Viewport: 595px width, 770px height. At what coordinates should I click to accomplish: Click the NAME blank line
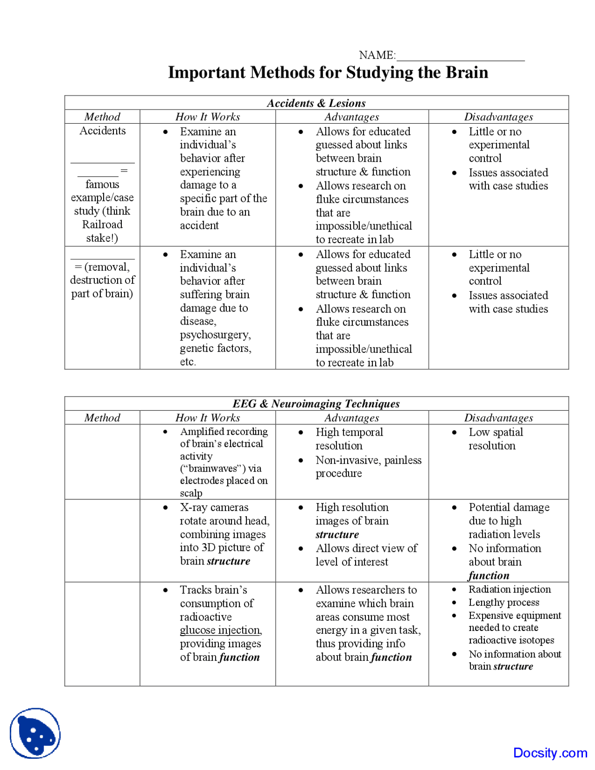(460, 60)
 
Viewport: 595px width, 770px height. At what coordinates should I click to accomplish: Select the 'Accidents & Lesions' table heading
(316, 103)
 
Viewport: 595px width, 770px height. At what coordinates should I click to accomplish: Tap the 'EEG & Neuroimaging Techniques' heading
(316, 404)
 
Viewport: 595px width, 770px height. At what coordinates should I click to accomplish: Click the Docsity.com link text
(550, 753)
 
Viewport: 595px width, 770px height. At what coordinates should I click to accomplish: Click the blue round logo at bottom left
(35, 733)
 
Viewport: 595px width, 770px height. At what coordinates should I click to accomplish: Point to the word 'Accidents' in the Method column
(102, 131)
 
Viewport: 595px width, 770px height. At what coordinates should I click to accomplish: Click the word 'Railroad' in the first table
(102, 225)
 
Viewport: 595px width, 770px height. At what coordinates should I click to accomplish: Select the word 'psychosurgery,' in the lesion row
(215, 335)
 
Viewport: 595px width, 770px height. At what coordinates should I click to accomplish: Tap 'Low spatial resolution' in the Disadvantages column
(495, 439)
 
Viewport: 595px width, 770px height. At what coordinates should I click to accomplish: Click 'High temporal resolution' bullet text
(349, 439)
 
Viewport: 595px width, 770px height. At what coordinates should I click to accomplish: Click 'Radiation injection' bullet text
(509, 589)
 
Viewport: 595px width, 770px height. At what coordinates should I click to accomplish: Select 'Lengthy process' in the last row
(504, 603)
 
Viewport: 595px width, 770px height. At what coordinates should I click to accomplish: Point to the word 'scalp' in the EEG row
(191, 493)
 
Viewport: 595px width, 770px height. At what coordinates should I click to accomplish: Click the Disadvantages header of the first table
(498, 117)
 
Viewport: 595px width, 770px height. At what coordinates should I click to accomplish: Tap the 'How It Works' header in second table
(207, 418)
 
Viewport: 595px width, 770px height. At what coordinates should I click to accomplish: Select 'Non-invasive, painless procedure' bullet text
(368, 466)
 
